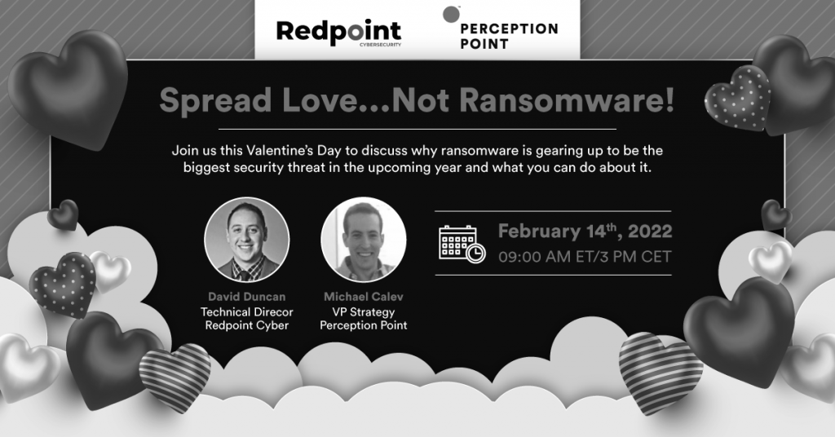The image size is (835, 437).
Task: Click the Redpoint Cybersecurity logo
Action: (x=338, y=33)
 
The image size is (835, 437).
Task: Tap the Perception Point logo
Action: (x=501, y=29)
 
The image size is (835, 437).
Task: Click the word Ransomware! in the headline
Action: (x=567, y=99)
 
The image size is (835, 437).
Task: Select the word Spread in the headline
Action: (x=215, y=100)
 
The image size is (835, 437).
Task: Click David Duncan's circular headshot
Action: (x=246, y=240)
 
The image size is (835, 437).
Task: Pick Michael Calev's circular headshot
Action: (x=364, y=240)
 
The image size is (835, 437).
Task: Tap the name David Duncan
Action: (x=246, y=297)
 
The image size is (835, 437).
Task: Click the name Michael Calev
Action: (x=364, y=297)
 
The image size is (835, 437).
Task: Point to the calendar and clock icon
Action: (x=462, y=244)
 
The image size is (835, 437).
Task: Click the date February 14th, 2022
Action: (x=585, y=232)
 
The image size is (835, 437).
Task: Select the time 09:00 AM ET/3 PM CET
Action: (x=585, y=257)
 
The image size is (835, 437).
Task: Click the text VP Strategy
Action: (x=364, y=312)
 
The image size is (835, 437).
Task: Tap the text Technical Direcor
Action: (x=246, y=312)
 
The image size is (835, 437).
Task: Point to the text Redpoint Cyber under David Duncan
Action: (x=246, y=325)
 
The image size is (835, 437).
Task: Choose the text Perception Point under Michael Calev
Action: (x=364, y=325)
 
